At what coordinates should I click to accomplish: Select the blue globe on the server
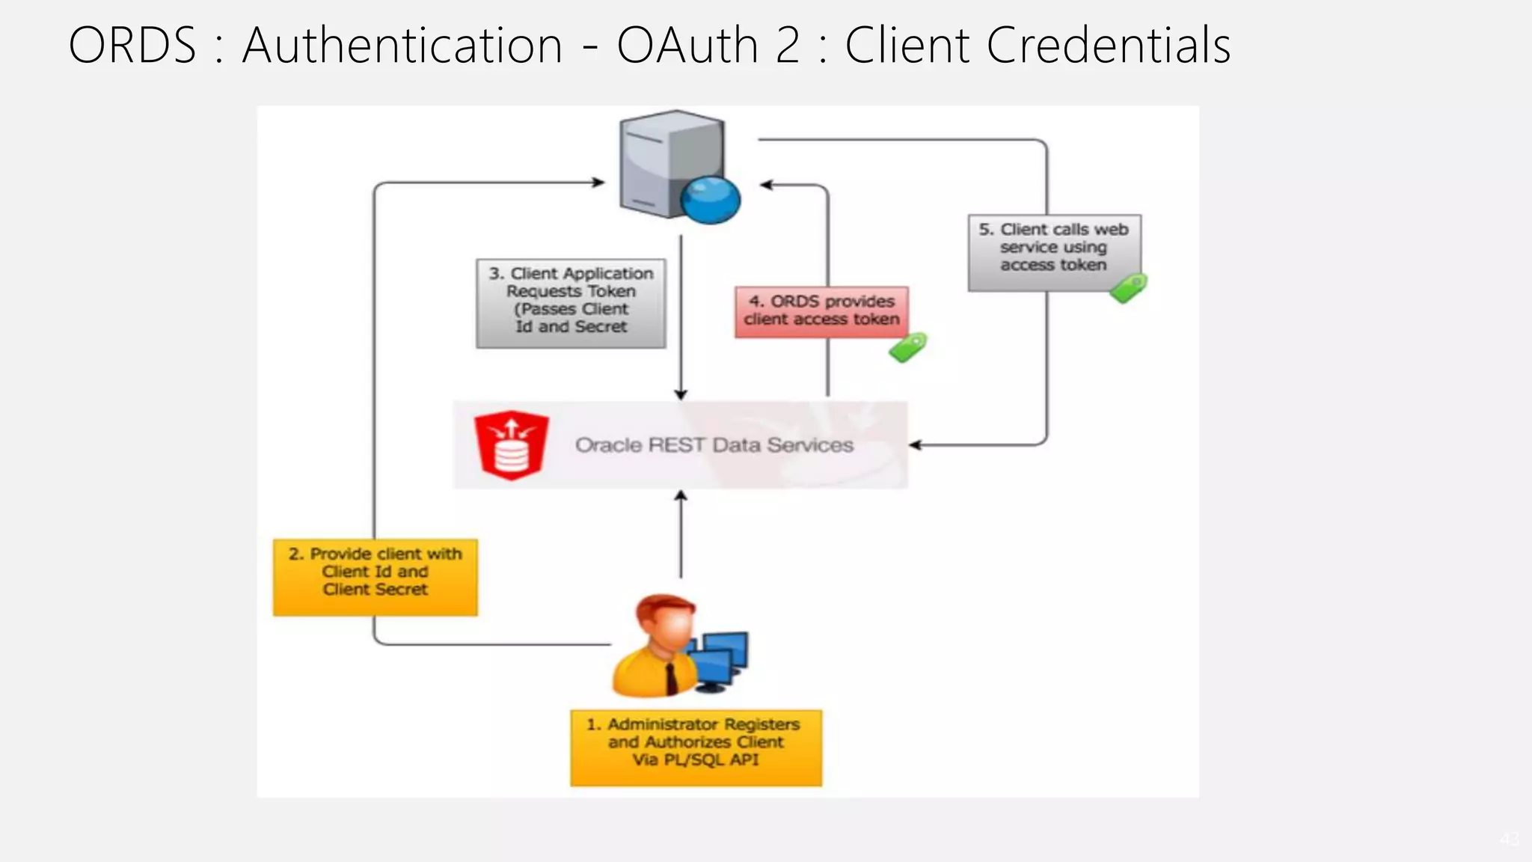[x=711, y=201]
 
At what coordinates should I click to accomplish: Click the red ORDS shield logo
[x=512, y=444]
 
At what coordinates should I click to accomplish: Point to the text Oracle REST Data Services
[x=714, y=445]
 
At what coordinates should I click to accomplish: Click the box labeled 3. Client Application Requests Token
[x=571, y=302]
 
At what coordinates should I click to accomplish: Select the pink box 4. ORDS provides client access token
[x=821, y=311]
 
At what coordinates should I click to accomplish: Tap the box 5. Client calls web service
[x=1053, y=251]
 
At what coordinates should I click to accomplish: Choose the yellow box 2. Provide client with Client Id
[x=375, y=576]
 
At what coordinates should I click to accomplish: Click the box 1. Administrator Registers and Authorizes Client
[x=696, y=747]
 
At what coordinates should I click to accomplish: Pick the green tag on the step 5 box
[x=1128, y=288]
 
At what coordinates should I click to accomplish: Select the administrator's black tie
[x=671, y=677]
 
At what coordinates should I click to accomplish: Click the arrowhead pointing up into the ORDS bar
[x=681, y=497]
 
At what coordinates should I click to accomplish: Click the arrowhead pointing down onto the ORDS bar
[x=681, y=394]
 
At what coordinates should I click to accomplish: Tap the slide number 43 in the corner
[x=1509, y=840]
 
